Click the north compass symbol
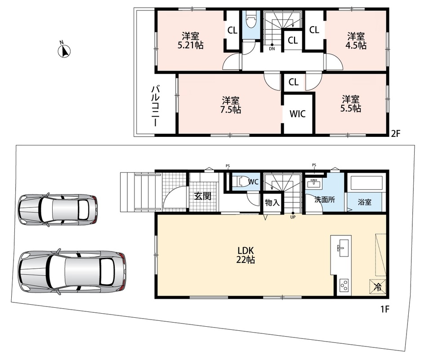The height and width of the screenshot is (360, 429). (x=64, y=50)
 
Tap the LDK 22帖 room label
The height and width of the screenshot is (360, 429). (x=246, y=255)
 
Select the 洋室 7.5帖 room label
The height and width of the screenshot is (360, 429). (x=231, y=105)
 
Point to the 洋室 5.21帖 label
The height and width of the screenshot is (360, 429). (x=190, y=40)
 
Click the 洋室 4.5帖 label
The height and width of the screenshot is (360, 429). (x=356, y=40)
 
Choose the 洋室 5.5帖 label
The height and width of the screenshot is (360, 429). (x=350, y=104)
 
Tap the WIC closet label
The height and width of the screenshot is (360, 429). (x=297, y=113)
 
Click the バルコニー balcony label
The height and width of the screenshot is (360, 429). (x=156, y=106)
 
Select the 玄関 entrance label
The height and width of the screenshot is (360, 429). (x=203, y=196)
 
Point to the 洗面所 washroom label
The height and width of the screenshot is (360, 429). (x=325, y=199)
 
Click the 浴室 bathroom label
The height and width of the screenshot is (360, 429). (x=364, y=202)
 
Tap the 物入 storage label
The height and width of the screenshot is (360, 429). (x=272, y=203)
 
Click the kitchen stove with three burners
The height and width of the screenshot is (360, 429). (x=344, y=286)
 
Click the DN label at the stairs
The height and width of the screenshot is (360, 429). (x=272, y=49)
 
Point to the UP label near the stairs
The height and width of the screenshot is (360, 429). (x=293, y=217)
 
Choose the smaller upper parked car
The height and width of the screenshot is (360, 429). (x=58, y=210)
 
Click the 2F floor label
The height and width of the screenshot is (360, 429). (x=395, y=134)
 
